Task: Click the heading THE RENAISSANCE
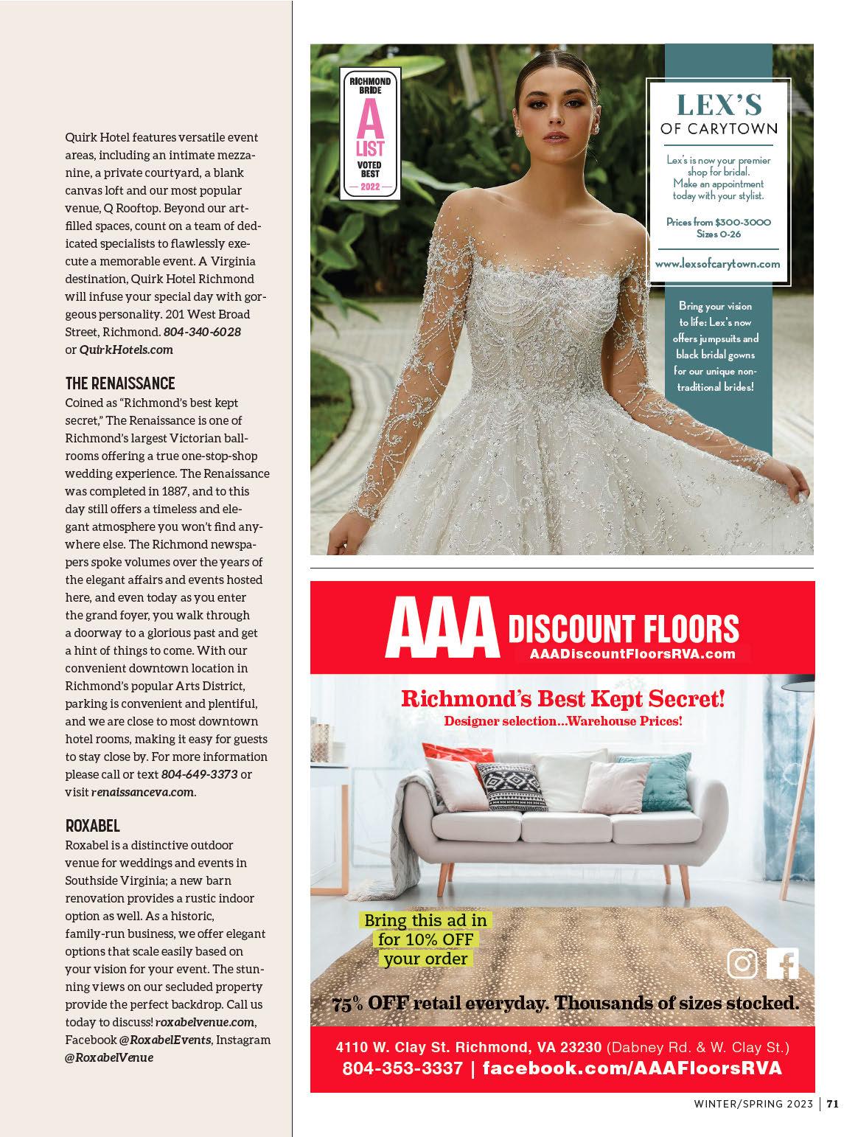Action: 120,383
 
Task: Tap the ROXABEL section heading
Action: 92,826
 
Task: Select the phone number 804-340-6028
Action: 202,332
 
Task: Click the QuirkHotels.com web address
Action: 126,350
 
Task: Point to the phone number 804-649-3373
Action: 199,774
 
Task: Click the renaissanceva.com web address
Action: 143,792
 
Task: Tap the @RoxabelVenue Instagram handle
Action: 109,1057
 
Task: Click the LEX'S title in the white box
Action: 719,105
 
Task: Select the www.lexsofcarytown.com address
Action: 717,263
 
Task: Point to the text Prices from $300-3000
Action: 719,222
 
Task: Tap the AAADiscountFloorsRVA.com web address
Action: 632,653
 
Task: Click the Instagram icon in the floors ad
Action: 743,963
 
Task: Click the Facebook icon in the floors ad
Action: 783,963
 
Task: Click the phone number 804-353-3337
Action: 402,1068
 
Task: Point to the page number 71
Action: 832,1104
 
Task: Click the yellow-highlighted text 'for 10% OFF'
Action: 426,939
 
